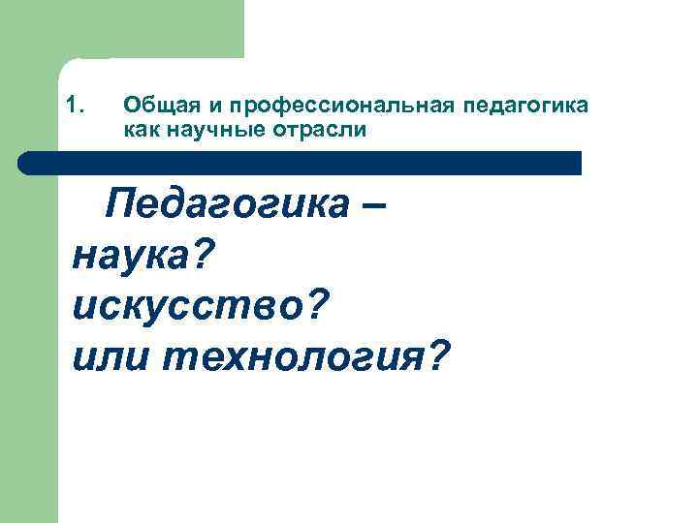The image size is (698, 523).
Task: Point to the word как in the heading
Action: click(x=141, y=129)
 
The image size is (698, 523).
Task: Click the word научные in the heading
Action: click(x=206, y=129)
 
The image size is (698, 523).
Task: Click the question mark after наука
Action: click(x=209, y=256)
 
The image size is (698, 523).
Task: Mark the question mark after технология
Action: click(x=437, y=356)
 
